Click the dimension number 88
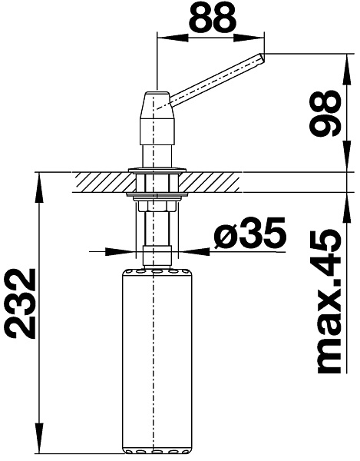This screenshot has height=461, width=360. (212, 18)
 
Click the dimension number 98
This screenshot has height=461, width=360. (325, 113)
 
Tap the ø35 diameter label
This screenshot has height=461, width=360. (249, 232)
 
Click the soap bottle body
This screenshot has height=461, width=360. (157, 361)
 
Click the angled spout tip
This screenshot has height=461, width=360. (261, 59)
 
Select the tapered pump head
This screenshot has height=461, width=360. (157, 118)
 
